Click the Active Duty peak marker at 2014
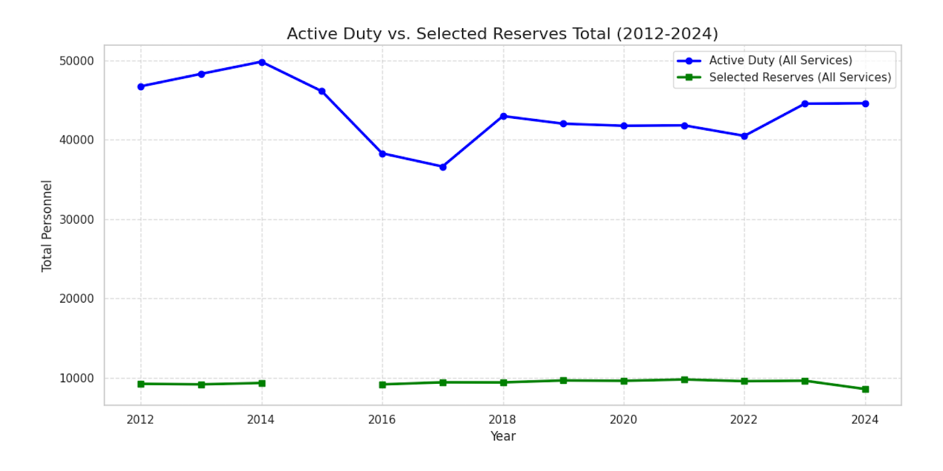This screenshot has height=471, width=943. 262,62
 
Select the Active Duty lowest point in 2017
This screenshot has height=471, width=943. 443,167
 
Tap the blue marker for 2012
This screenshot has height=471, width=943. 141,87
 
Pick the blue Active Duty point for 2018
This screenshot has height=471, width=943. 503,117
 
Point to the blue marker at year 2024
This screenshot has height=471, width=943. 865,104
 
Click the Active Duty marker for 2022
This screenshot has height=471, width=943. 744,136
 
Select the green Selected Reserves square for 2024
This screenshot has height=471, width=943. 865,389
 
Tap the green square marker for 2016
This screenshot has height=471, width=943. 383,384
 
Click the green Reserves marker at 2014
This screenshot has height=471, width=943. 262,383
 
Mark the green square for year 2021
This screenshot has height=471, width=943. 684,380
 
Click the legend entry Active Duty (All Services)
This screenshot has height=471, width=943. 780,61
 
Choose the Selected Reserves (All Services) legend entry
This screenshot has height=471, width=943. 799,77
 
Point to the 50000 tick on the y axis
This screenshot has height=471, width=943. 77,61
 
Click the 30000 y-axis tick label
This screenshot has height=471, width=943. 77,220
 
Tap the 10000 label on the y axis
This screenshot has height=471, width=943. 77,379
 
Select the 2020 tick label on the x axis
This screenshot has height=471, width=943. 623,420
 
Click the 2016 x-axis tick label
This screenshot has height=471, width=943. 382,420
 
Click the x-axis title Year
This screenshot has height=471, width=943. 503,436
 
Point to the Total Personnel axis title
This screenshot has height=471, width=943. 47,226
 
